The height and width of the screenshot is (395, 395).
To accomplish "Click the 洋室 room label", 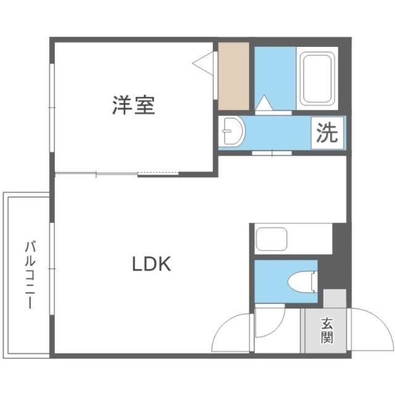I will tap(133, 106).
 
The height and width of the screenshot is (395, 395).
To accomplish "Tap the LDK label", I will tap(151, 264).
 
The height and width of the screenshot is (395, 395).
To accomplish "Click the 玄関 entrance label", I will tap(326, 330).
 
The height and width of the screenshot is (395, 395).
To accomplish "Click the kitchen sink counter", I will tap(272, 239).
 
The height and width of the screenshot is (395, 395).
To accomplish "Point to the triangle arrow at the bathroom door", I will tap(264, 104).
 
